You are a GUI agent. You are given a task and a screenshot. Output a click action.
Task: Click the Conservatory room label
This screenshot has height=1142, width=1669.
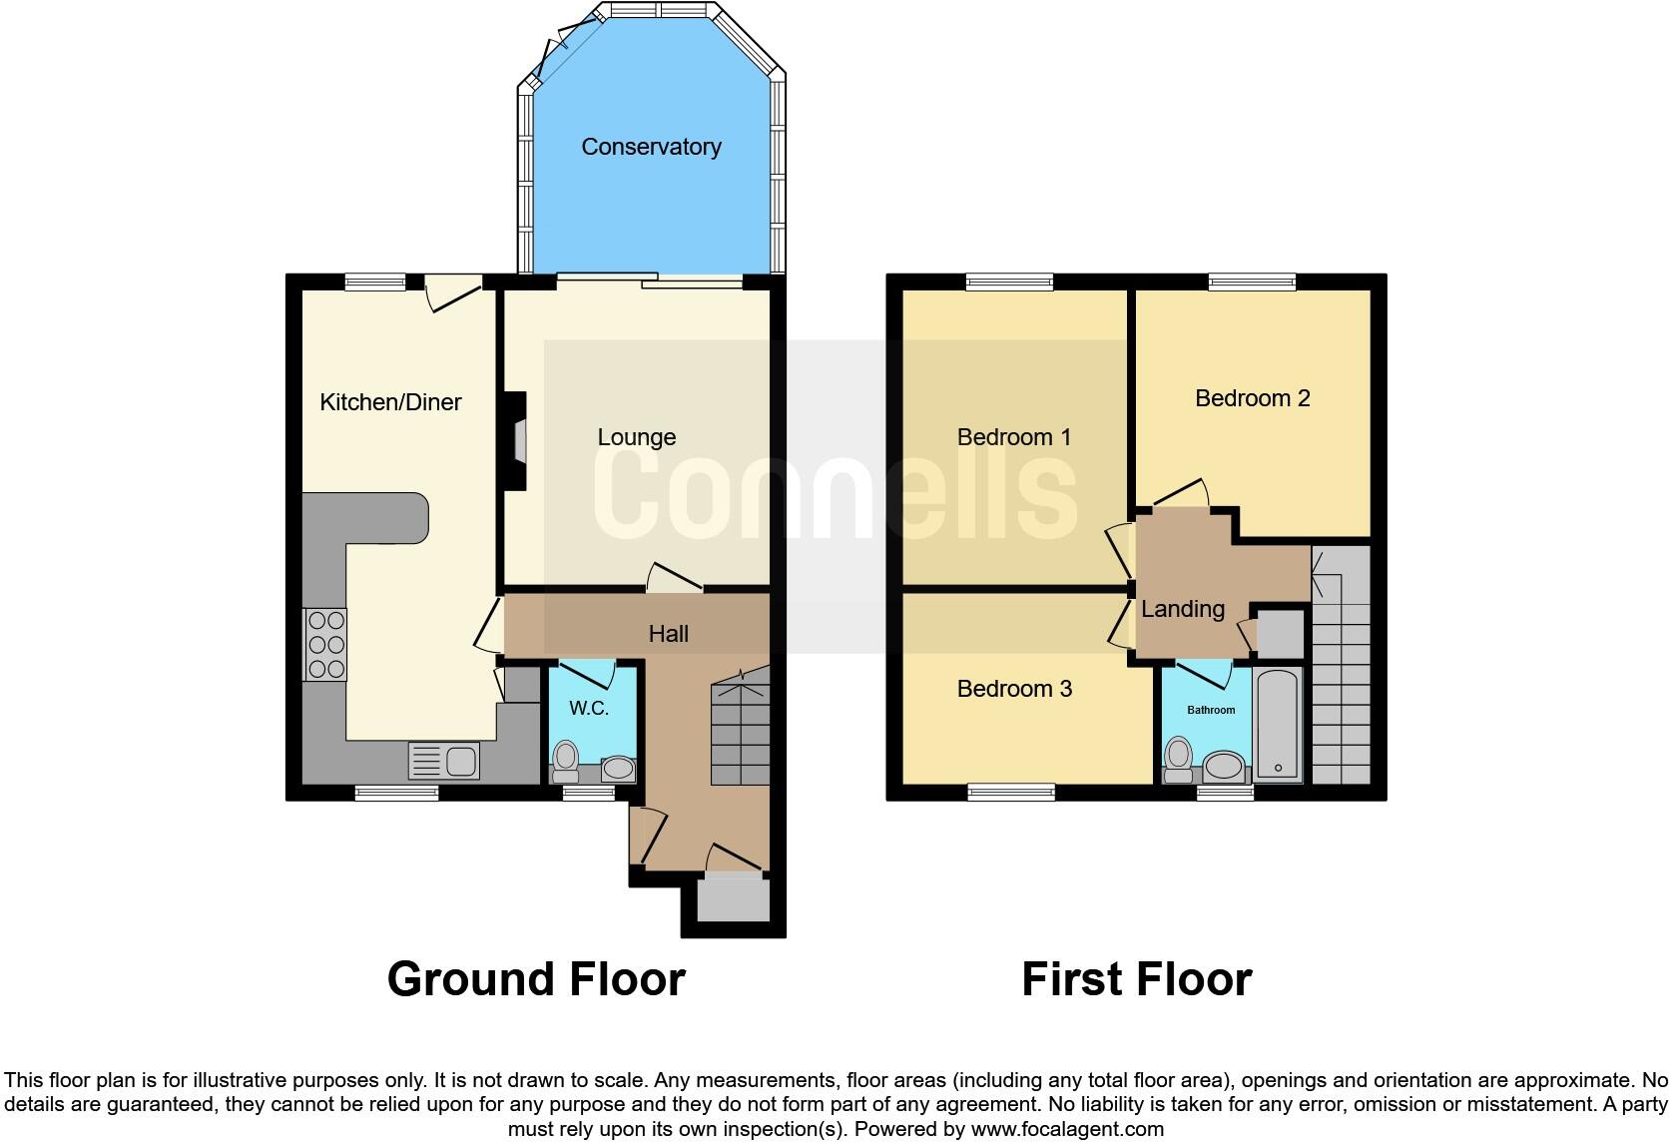click(x=651, y=147)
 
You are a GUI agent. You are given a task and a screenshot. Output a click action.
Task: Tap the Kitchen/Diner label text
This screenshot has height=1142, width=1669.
click(x=390, y=402)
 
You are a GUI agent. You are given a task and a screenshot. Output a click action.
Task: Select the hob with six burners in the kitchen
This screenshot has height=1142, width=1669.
click(x=325, y=644)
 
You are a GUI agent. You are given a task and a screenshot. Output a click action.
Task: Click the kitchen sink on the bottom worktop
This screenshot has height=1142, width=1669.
click(x=444, y=761)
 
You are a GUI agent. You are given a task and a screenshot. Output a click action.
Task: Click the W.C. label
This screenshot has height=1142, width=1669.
click(x=589, y=708)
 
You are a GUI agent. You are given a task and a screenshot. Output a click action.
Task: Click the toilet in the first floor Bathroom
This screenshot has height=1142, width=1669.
click(x=1179, y=759)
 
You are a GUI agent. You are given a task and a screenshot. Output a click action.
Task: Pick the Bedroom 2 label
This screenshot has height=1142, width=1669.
click(x=1252, y=398)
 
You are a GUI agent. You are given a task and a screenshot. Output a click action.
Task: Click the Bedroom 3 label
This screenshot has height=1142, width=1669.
click(x=1014, y=689)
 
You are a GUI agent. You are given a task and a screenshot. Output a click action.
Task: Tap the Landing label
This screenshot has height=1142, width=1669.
click(x=1183, y=609)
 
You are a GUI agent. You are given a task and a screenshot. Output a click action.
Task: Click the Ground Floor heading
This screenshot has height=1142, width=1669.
click(x=536, y=979)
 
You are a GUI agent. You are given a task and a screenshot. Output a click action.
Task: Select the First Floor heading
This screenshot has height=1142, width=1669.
click(x=1136, y=979)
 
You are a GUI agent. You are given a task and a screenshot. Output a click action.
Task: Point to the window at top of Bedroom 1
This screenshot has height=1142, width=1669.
click(x=1009, y=283)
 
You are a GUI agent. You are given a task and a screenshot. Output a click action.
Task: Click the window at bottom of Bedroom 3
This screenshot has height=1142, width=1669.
click(x=1011, y=793)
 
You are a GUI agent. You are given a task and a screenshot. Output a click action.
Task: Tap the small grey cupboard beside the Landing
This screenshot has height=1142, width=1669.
click(x=1280, y=633)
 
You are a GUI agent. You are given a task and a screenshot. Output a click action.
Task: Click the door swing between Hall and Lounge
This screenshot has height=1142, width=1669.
click(x=673, y=578)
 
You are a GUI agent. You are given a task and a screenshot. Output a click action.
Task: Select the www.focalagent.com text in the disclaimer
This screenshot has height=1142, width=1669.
click(x=1066, y=1129)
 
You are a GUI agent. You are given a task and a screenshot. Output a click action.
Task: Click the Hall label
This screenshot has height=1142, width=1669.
click(x=668, y=634)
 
